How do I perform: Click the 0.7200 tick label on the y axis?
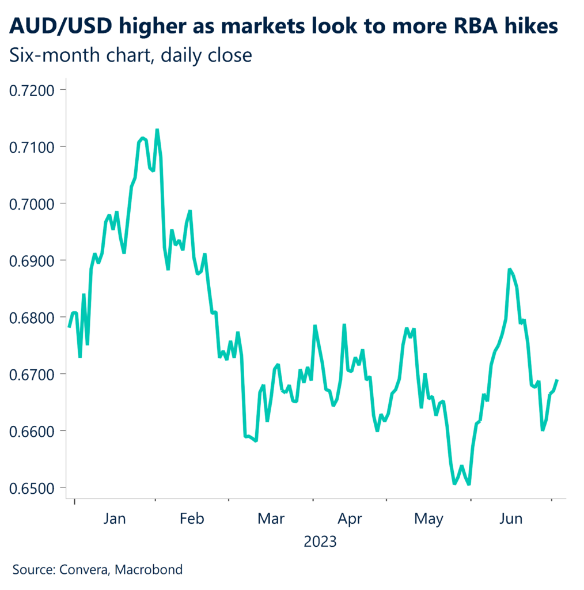pos(33,90)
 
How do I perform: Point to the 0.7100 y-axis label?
pos(33,147)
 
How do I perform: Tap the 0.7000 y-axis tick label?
pos(33,204)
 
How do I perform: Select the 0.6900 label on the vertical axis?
pos(33,260)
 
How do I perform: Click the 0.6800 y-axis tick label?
pos(33,317)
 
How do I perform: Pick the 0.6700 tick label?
pos(33,375)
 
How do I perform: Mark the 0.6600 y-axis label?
pos(33,431)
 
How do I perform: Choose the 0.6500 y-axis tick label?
pos(33,488)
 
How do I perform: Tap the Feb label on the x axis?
pos(192,519)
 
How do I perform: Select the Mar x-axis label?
pos(271,519)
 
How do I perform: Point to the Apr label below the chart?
pos(350,519)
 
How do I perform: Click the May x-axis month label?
pos(428,519)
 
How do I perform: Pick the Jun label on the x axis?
pos(511,519)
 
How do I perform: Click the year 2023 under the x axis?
pos(320,542)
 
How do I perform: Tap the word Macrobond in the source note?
pos(149,570)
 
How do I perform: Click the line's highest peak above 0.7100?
pos(157,130)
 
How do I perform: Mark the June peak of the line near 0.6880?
pos(510,269)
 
